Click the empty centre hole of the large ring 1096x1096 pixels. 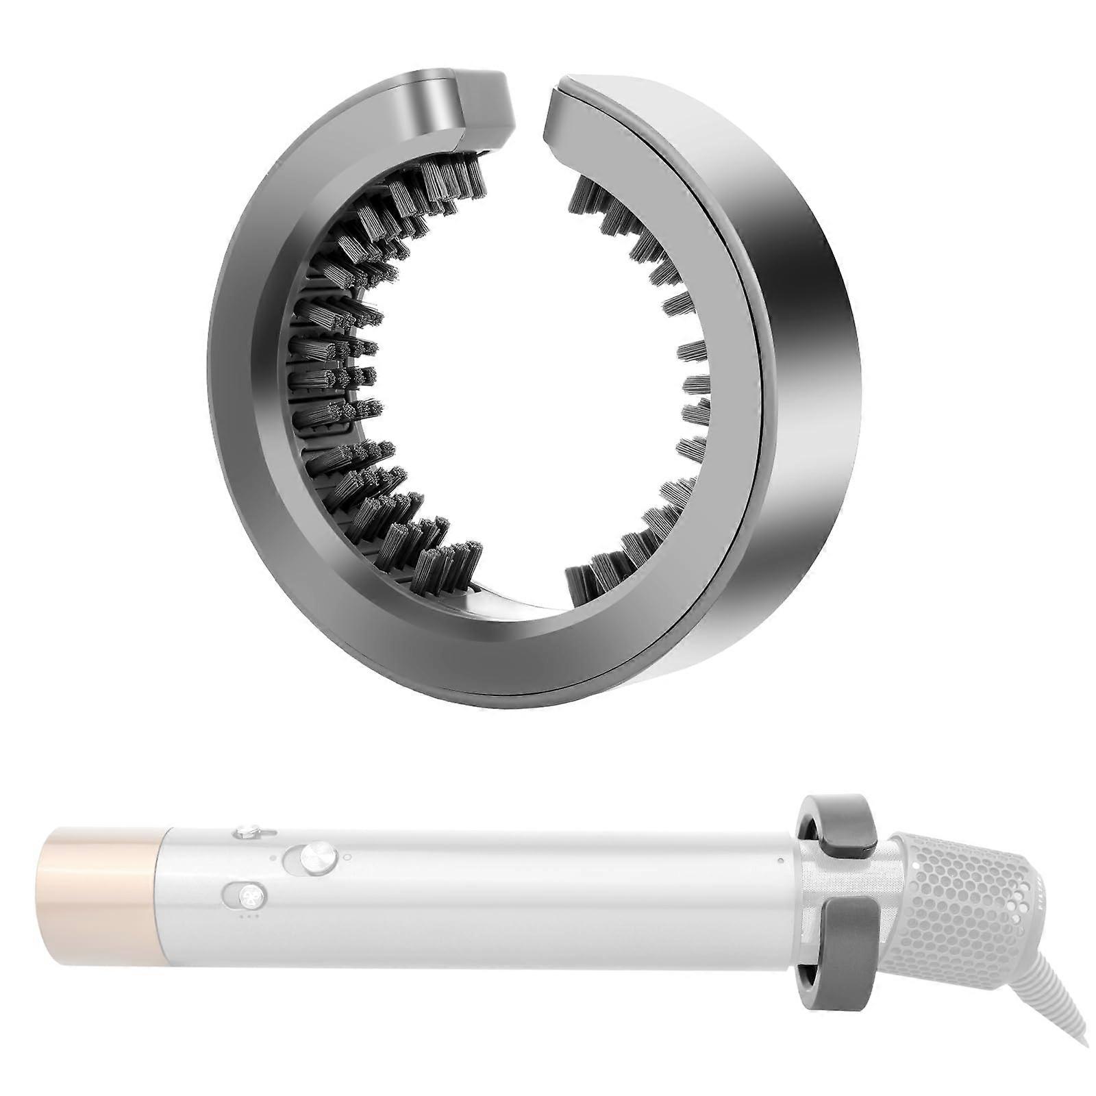click(x=527, y=370)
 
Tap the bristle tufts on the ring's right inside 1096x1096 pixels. click(x=685, y=384)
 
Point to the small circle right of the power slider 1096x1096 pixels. click(x=347, y=856)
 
